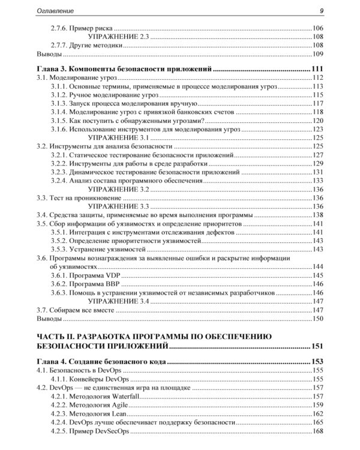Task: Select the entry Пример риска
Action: click(x=91, y=29)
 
